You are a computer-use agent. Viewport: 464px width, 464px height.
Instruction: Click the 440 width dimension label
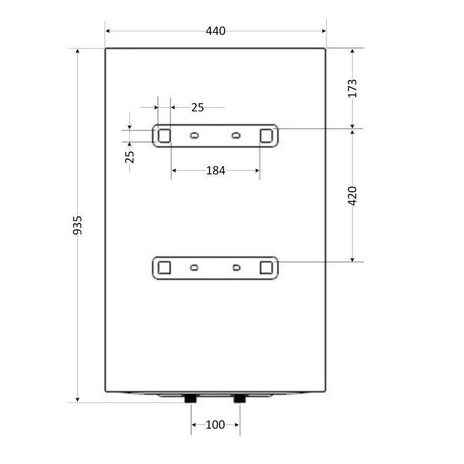(215, 31)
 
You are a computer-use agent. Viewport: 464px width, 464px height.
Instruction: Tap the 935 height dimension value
(77, 225)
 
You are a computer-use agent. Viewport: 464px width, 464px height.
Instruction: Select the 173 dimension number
(352, 88)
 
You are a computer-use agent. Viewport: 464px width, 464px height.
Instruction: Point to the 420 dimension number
(352, 196)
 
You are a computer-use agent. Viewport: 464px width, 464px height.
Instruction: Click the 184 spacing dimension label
(215, 171)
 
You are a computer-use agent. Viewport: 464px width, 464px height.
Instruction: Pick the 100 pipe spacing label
(215, 424)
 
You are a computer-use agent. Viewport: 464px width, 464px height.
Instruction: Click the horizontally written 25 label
(197, 108)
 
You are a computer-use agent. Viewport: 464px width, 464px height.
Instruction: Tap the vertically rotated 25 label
(130, 157)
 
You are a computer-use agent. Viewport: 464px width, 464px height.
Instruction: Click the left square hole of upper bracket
(164, 136)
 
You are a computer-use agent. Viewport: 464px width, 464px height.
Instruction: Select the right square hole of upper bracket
(266, 136)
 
